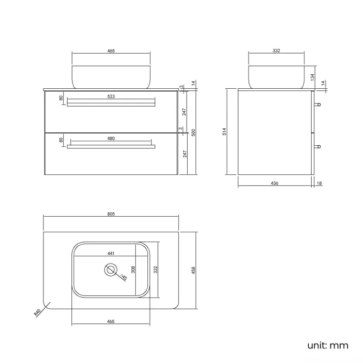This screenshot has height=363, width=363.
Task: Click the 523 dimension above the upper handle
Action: [x=111, y=97]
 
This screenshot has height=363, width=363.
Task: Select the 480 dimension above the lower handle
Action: [x=111, y=138]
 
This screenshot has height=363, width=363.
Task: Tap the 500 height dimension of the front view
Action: [x=193, y=132]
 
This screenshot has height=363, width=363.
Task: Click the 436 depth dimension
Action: [x=275, y=183]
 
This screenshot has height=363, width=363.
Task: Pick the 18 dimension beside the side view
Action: [x=319, y=183]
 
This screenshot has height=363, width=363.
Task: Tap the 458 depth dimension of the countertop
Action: [x=194, y=270]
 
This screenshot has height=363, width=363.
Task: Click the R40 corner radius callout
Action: [x=38, y=312]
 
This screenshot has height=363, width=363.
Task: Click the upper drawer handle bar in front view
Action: [x=111, y=102]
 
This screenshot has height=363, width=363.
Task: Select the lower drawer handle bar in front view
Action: [x=111, y=146]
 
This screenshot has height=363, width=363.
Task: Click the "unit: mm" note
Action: [x=327, y=345]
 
